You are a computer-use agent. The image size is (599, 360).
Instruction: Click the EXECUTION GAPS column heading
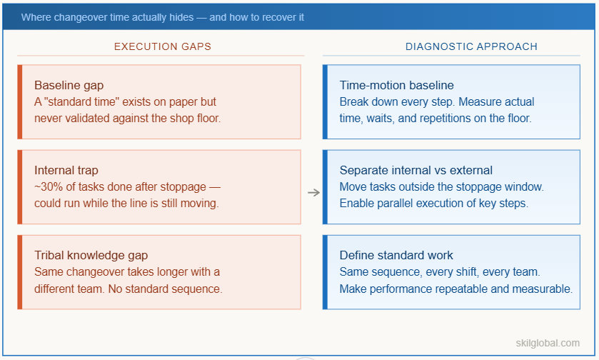(x=163, y=46)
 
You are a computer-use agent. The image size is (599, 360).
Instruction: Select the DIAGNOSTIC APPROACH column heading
(x=471, y=46)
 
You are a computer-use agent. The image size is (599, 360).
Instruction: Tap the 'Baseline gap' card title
(x=69, y=86)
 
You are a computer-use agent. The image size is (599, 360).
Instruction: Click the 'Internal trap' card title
(x=66, y=170)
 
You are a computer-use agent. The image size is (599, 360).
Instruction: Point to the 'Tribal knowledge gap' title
(x=91, y=255)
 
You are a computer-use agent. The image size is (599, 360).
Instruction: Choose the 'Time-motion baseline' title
(x=396, y=86)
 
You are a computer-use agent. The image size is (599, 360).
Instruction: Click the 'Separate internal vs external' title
(x=416, y=170)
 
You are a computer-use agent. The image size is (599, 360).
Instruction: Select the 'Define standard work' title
(x=396, y=255)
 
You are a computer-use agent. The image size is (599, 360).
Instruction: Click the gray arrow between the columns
(x=313, y=192)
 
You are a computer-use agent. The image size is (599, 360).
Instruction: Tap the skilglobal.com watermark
(x=548, y=343)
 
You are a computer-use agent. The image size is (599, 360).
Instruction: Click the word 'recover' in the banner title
(x=266, y=16)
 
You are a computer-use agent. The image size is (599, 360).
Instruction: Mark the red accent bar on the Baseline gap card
(x=20, y=102)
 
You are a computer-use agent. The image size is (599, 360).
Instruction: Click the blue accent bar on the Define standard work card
(x=325, y=272)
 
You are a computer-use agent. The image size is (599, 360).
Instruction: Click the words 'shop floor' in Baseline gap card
(x=195, y=118)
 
